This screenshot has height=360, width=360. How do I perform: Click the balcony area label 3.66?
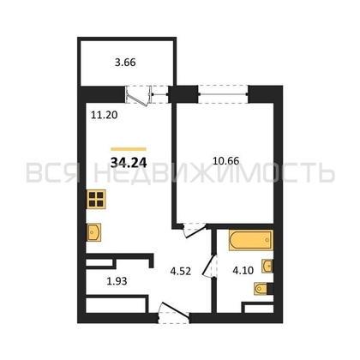[125, 63]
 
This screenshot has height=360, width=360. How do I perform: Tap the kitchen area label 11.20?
[105, 115]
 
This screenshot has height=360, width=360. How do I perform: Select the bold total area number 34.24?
[129, 163]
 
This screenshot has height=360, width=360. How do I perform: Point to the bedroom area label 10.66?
[226, 161]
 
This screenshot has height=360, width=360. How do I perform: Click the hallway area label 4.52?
[180, 271]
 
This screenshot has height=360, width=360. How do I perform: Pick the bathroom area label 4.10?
[243, 270]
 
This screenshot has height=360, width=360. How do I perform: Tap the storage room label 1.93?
[117, 281]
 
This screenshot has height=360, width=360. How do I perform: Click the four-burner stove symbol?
[96, 199]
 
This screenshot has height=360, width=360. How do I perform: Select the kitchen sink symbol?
[94, 232]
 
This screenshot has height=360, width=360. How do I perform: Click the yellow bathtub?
[251, 240]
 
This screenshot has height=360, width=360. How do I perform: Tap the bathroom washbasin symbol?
[267, 266]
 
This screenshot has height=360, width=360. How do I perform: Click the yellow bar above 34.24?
[129, 149]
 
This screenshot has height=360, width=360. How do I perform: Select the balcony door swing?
[138, 96]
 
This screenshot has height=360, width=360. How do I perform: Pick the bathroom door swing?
[209, 266]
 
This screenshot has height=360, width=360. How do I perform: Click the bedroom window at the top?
[223, 93]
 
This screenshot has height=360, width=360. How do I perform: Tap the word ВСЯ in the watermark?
[52, 173]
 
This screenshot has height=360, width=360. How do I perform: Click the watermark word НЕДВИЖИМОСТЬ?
[214, 173]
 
